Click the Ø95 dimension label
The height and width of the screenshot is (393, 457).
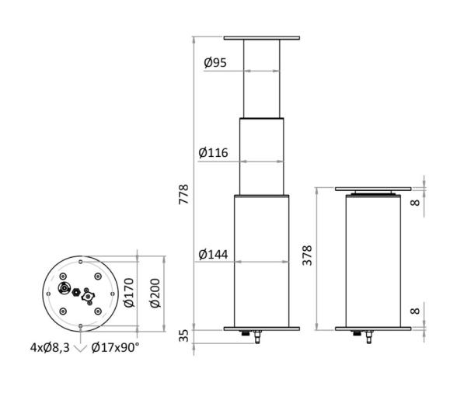pos(215,63)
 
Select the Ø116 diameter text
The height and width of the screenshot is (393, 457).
pos(213,153)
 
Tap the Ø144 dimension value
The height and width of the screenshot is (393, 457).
pos(213,254)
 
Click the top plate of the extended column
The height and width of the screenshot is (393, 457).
pos(261,37)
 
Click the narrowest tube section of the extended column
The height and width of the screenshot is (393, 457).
pos(261,78)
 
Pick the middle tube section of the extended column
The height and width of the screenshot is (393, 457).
pos(261,155)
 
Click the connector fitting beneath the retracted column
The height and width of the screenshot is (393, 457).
pos(368,336)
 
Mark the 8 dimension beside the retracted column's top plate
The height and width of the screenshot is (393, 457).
pos(416,203)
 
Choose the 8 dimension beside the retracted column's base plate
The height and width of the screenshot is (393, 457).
pos(416,311)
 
